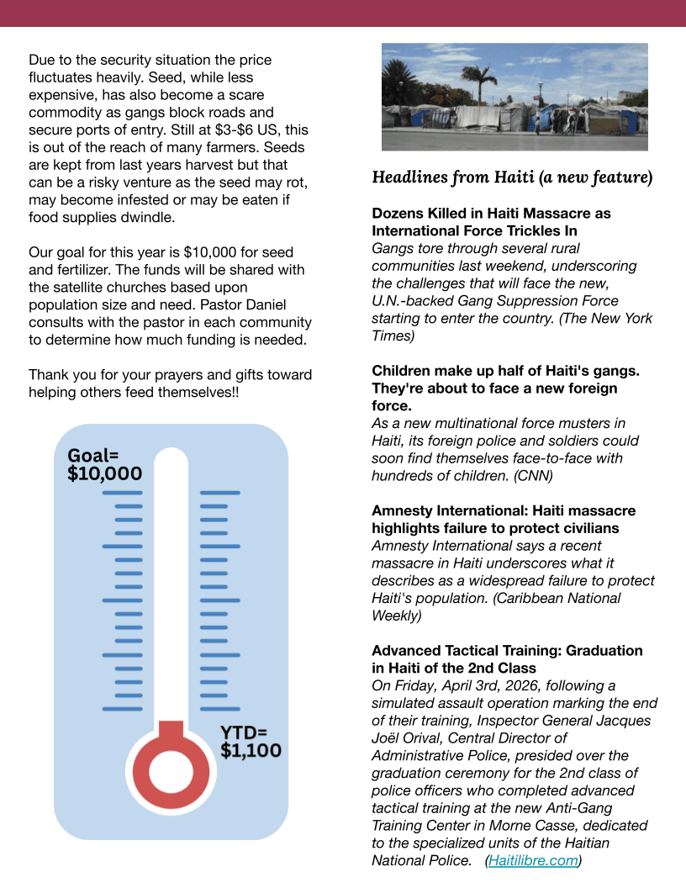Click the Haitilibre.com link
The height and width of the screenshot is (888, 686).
[x=534, y=860]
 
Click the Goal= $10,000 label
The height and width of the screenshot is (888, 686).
[x=104, y=465]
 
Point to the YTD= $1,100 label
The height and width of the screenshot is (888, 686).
[x=251, y=741]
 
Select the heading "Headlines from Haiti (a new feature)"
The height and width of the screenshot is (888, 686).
[x=512, y=177]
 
